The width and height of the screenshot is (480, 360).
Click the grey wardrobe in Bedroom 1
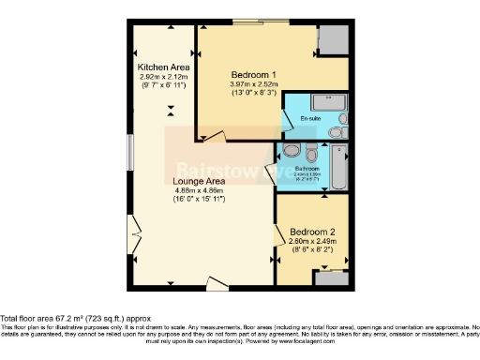click(332, 39)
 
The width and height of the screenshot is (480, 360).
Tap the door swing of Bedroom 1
click(211, 136)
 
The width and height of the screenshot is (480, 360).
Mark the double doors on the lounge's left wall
click(136, 229)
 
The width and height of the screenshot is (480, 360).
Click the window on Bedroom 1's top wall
click(247, 21)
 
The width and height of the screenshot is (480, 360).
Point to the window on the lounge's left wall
click(129, 152)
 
